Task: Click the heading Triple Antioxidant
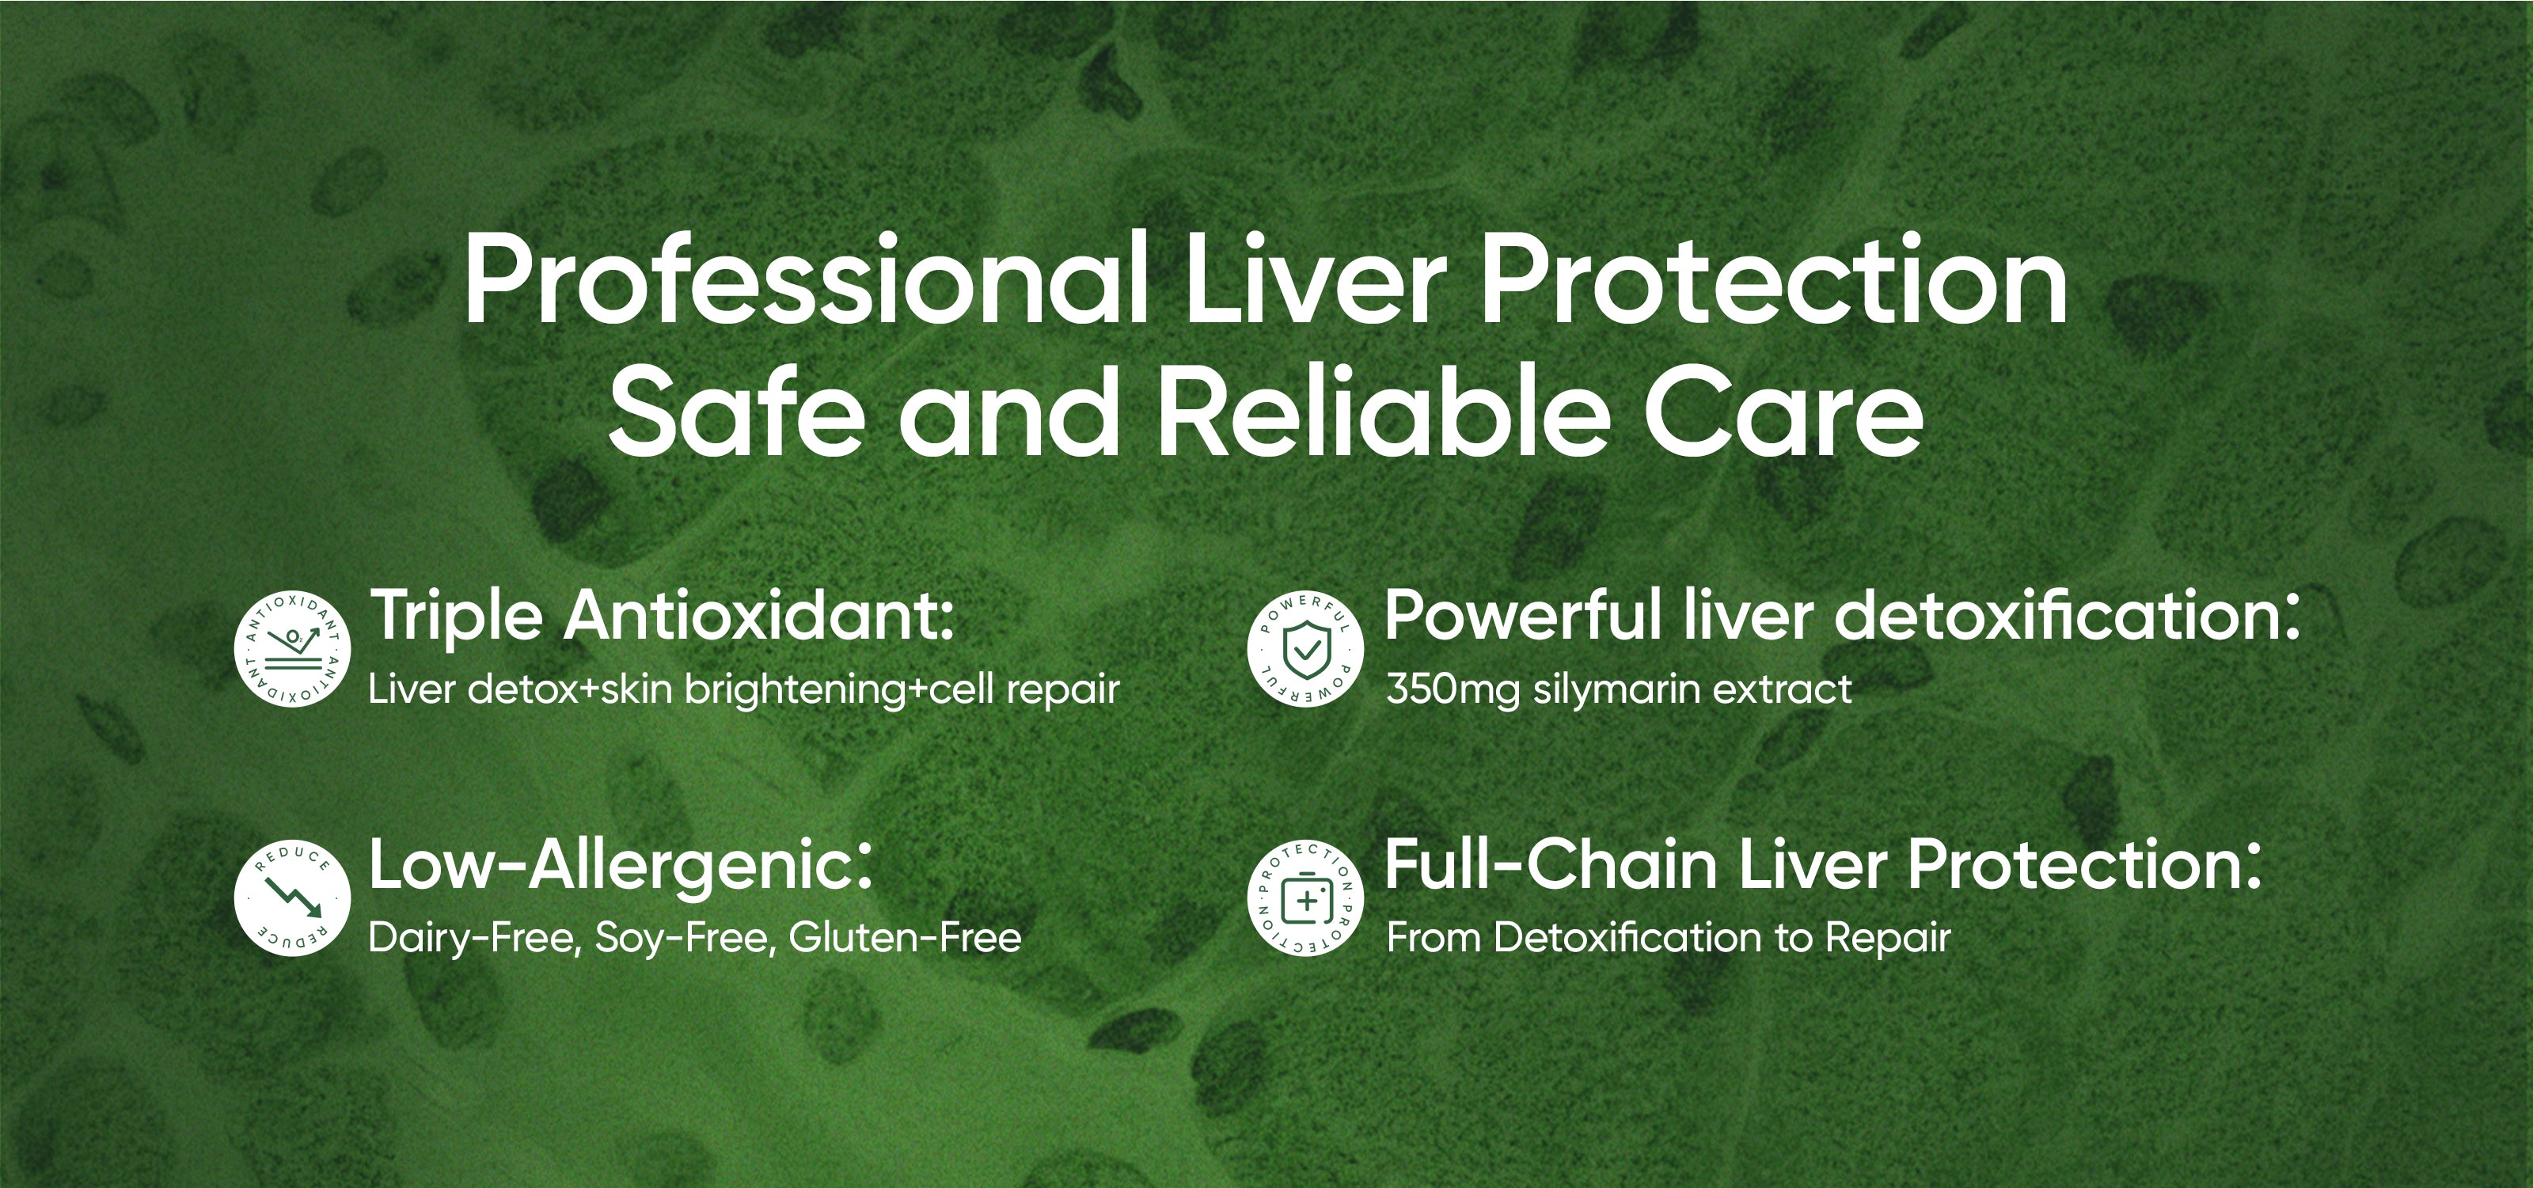661,617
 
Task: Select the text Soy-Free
686,938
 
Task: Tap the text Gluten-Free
906,937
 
